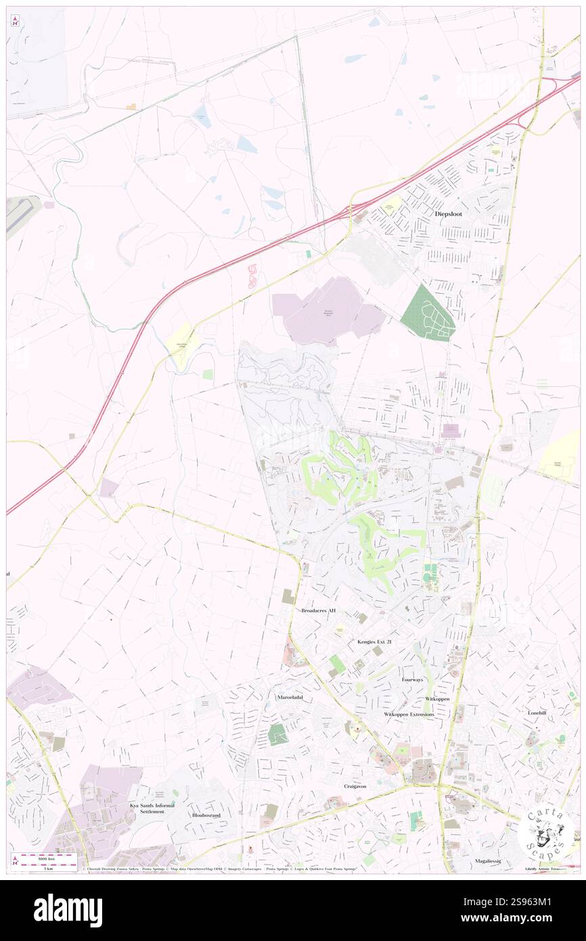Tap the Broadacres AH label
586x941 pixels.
point(318,611)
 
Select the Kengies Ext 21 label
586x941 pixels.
point(374,641)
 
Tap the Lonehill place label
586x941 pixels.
point(541,713)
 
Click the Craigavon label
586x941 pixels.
point(359,785)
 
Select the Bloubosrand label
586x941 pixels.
point(206,816)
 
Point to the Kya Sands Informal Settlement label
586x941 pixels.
point(152,808)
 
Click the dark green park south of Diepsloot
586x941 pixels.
point(428,312)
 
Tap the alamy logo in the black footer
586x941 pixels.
point(68,911)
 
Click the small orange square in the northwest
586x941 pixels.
point(131,106)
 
